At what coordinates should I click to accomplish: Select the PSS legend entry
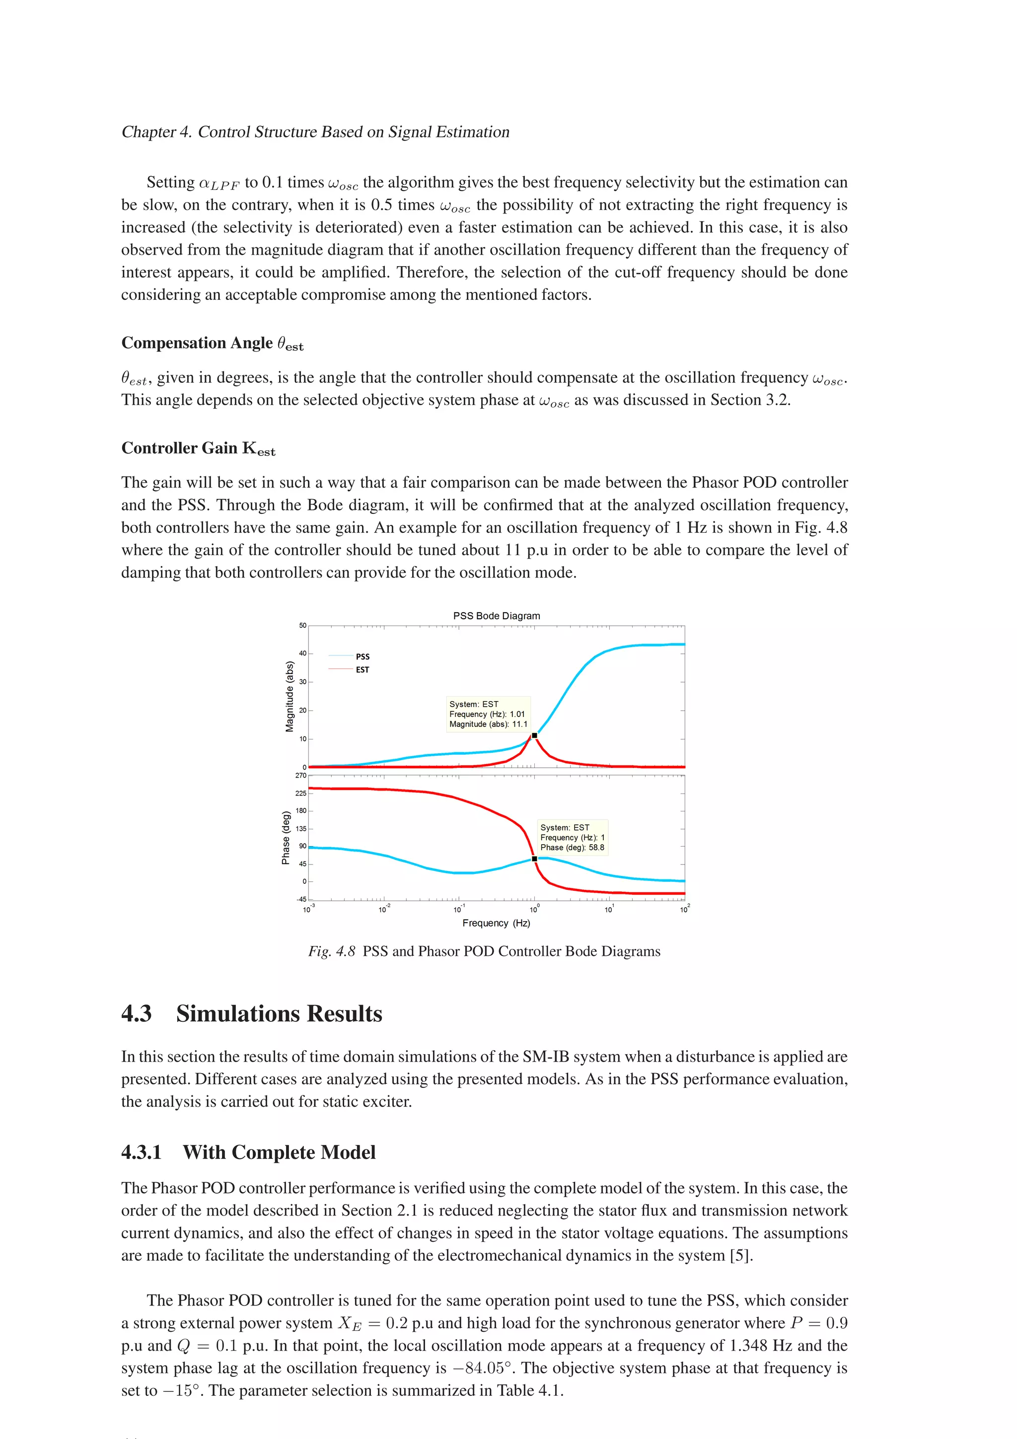362,656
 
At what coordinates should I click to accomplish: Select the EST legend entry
362,669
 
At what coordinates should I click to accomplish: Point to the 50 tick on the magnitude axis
302,626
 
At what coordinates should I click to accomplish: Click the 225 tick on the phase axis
301,793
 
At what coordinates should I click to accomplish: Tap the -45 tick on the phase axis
301,899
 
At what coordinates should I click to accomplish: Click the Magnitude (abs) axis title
290,696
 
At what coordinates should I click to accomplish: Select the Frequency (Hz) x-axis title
496,923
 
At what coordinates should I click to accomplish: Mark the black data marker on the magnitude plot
534,735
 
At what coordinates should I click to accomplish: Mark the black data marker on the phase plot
534,859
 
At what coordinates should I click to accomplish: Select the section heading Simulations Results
279,1013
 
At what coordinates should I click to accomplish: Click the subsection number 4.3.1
142,1152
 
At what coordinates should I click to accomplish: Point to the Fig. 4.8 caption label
332,951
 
